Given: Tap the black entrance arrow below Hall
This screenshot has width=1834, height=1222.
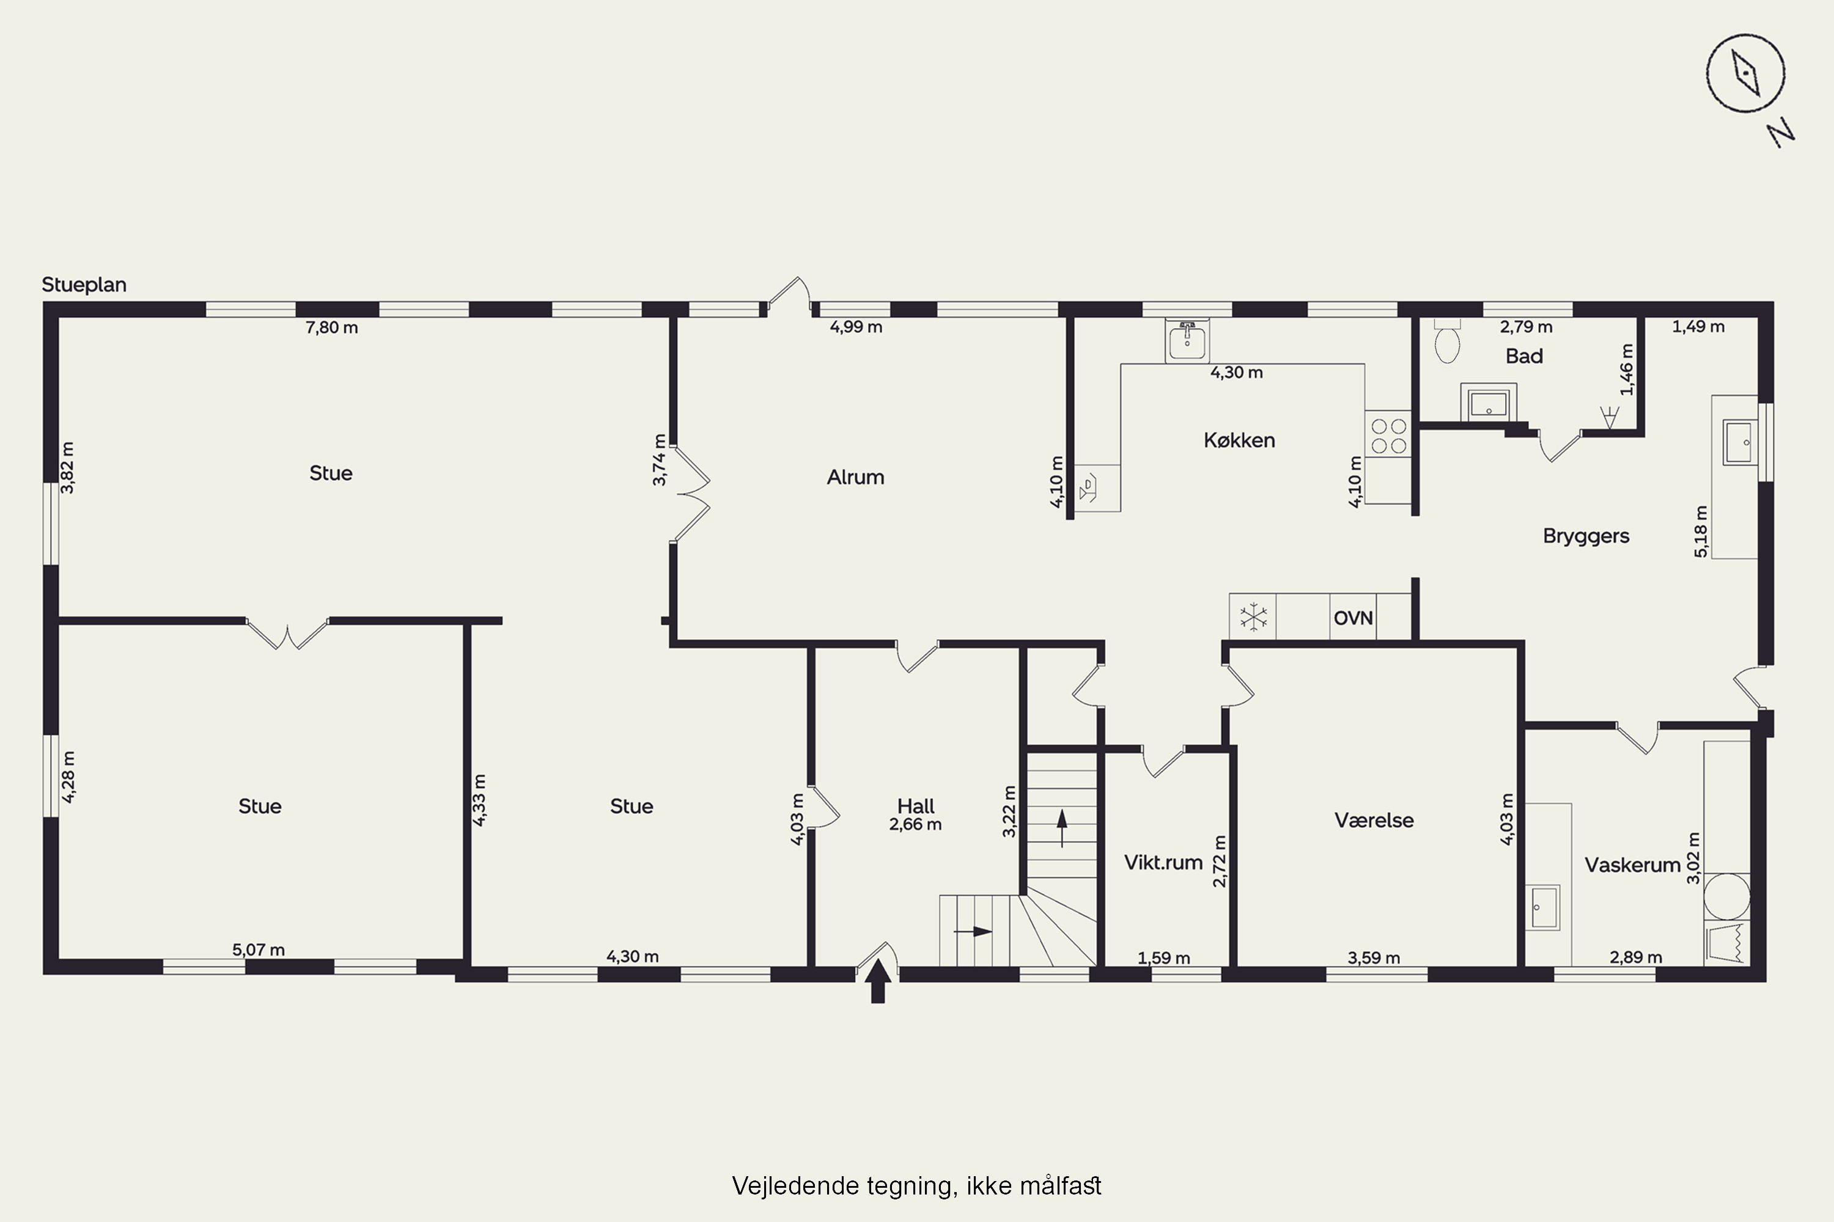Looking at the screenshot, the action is (x=878, y=981).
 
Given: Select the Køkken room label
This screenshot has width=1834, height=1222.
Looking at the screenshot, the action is (x=1239, y=441).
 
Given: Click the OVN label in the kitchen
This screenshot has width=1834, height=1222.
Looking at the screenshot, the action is (x=1353, y=618).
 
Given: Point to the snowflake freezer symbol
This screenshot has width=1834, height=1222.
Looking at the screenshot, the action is (x=1253, y=617).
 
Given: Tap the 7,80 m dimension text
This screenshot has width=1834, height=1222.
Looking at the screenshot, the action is (x=331, y=327).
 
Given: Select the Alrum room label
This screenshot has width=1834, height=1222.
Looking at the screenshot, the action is (x=855, y=477).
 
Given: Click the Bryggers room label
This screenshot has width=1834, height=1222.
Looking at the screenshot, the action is (x=1586, y=536).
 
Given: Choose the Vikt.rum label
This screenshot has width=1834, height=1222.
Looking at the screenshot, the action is (x=1163, y=862).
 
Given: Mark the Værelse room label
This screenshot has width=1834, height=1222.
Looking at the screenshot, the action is (x=1374, y=820).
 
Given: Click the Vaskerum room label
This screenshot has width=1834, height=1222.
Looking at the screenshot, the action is (x=1632, y=865).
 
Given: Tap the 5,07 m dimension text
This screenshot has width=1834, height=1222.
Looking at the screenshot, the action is (x=258, y=950).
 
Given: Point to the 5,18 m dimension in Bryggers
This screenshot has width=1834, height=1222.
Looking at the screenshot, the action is (x=1701, y=532).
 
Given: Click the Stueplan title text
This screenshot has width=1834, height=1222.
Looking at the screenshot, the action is (x=84, y=285).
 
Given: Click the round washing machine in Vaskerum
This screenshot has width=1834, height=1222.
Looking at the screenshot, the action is (x=1726, y=896).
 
